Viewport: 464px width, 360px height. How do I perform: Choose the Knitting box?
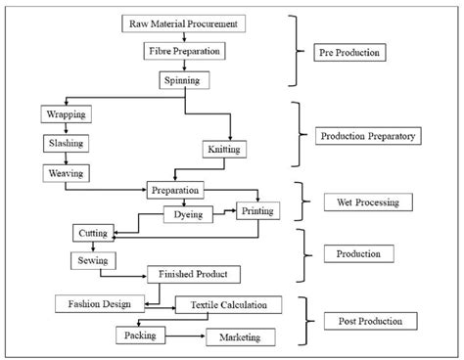click(226, 150)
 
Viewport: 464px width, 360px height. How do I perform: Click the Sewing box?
click(93, 260)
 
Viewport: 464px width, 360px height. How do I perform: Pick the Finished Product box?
click(193, 275)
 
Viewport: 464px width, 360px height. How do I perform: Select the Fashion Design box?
click(100, 303)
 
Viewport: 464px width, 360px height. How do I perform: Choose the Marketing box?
click(239, 337)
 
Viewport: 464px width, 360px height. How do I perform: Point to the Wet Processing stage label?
click(369, 203)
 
